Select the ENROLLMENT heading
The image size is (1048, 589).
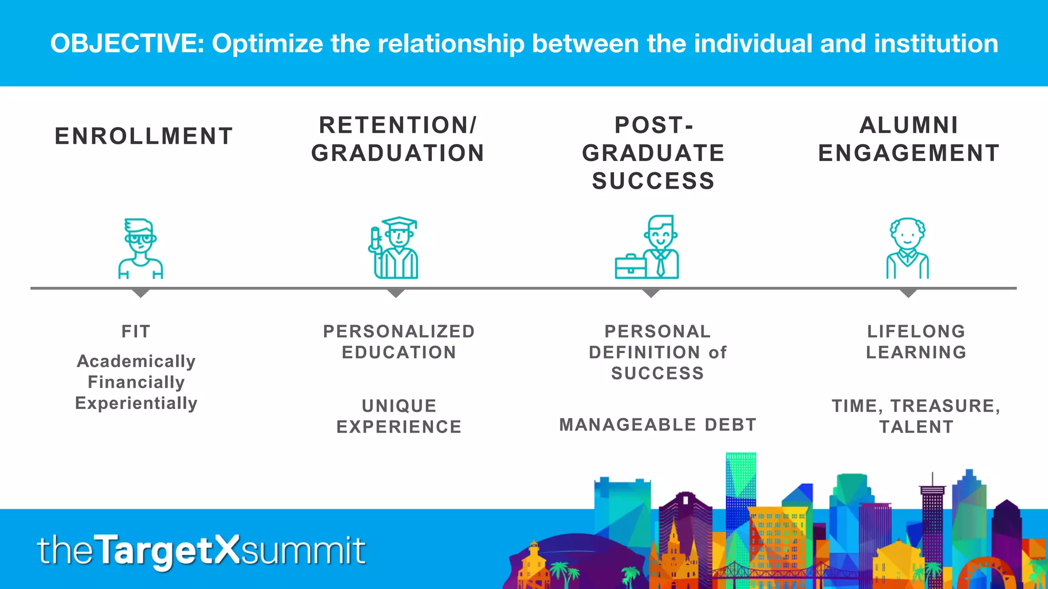click(144, 137)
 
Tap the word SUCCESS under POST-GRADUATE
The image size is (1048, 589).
click(653, 181)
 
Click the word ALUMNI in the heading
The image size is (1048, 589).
click(908, 125)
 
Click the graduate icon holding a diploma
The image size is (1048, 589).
click(394, 248)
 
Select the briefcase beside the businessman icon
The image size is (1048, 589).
click(630, 265)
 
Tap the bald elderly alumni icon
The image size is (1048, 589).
click(907, 248)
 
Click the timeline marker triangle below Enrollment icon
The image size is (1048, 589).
click(140, 293)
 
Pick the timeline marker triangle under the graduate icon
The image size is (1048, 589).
click(396, 293)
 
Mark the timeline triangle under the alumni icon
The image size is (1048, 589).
click(908, 293)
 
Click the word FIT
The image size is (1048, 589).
click(136, 331)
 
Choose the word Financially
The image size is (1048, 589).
click(136, 382)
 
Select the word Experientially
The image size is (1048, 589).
click(136, 403)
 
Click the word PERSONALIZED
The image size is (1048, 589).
click(399, 331)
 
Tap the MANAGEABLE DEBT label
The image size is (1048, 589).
click(658, 424)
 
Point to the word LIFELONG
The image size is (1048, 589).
click(916, 331)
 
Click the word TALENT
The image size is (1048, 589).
click(916, 426)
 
